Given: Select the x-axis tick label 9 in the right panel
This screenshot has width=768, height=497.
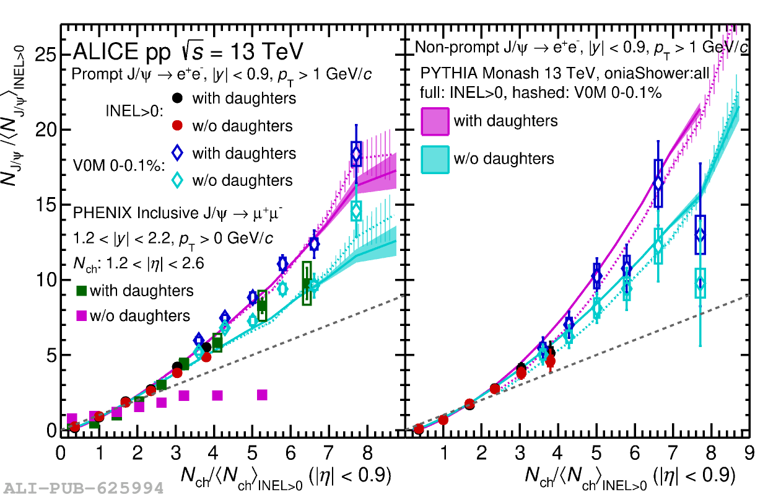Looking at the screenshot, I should pyautogui.click(x=749, y=454).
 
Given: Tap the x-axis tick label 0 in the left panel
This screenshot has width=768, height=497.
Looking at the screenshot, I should pyautogui.click(x=61, y=454).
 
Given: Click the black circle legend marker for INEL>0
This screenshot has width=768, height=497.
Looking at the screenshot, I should pyautogui.click(x=178, y=98).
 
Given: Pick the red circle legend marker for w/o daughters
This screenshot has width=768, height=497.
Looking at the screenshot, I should pyautogui.click(x=178, y=126).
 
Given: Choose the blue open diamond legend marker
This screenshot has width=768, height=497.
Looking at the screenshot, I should pyautogui.click(x=178, y=152).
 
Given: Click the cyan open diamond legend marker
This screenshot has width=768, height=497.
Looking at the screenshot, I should pyautogui.click(x=178, y=180).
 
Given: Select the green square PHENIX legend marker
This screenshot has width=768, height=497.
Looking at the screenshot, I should pyautogui.click(x=81, y=290).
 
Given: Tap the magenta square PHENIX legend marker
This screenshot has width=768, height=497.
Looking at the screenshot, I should pyautogui.click(x=81, y=315).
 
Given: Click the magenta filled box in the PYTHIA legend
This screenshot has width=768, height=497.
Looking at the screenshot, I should pyautogui.click(x=435, y=120).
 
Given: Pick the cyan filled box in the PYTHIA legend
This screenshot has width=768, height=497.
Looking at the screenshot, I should pyautogui.click(x=435, y=159).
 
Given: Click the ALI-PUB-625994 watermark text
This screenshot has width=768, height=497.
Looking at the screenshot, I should pyautogui.click(x=82, y=488).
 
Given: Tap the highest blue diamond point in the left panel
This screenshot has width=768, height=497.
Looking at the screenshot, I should pyautogui.click(x=356, y=154).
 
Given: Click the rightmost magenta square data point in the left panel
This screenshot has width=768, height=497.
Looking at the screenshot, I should pyautogui.click(x=262, y=395).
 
